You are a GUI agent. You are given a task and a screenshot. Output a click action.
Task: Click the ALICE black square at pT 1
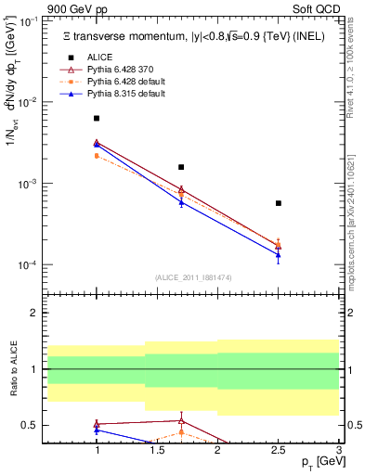[x=97, y=119]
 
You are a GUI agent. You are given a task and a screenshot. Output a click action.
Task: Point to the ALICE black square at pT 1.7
[x=181, y=167]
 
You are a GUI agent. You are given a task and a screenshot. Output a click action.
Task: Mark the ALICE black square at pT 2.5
[x=278, y=203]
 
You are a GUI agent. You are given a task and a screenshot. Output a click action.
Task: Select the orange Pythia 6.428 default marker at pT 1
[x=97, y=156]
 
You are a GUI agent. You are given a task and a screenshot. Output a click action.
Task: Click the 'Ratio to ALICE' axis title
[x=13, y=370]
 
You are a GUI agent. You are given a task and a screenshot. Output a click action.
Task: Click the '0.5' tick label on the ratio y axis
[x=30, y=426]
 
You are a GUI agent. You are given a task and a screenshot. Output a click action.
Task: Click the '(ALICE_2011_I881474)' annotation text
[x=192, y=277]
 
